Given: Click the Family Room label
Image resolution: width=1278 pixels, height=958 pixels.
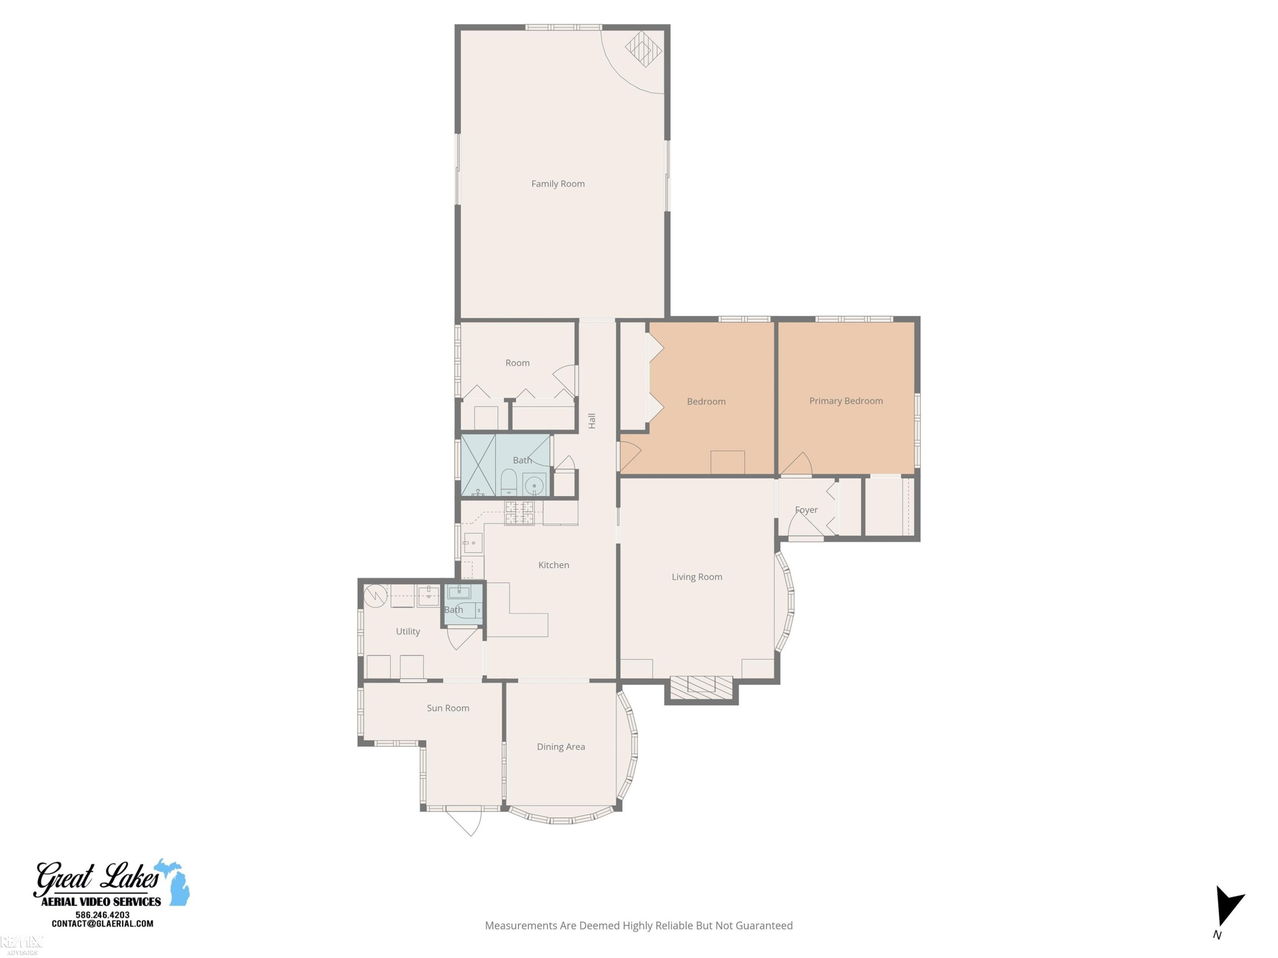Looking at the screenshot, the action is (x=558, y=184).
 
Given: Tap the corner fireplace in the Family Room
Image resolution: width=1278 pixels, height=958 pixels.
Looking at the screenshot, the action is (x=643, y=49).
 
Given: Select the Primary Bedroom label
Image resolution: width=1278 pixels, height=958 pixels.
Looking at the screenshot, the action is (x=846, y=401).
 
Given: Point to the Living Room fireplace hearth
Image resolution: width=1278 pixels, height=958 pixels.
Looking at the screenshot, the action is (x=701, y=684).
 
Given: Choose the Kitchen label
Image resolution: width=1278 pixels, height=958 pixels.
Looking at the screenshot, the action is (x=553, y=565).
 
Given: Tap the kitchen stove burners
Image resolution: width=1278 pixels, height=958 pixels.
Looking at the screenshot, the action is (x=519, y=513).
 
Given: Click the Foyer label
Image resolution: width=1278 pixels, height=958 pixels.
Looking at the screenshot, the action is (x=806, y=510).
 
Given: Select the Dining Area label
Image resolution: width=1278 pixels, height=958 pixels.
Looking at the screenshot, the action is (x=561, y=747).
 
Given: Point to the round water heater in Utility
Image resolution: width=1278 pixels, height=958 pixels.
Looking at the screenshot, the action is (x=375, y=596).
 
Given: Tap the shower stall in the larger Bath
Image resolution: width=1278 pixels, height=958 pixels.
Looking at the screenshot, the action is (x=478, y=465).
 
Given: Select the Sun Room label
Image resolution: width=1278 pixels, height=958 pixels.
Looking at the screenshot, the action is (x=448, y=708).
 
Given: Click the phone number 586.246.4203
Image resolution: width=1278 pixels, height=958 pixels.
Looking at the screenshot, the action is (x=102, y=915).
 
